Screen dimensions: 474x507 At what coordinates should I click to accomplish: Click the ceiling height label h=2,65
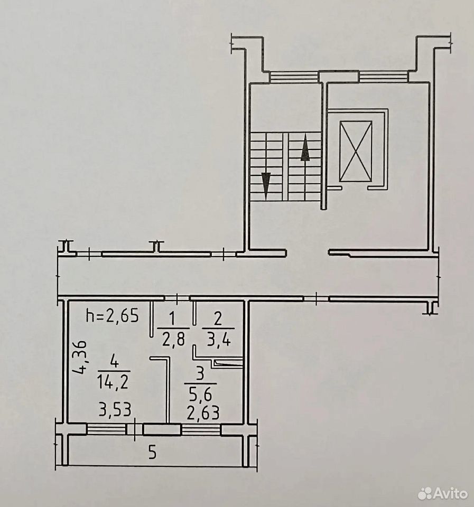(112, 316)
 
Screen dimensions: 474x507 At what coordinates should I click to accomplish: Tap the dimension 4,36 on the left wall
(80, 357)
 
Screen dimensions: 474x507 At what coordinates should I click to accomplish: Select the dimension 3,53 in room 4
(115, 410)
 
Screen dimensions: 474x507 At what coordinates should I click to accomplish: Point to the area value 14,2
(113, 382)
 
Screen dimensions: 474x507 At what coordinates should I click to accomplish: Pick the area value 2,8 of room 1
(173, 340)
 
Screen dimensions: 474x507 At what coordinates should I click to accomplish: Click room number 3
(200, 374)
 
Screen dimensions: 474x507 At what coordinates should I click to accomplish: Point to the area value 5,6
(200, 394)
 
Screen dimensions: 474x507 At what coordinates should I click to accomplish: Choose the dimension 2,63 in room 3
(203, 412)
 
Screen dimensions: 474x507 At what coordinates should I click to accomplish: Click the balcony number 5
(152, 452)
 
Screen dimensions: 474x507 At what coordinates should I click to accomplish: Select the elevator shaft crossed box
(356, 151)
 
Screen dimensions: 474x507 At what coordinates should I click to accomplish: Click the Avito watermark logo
(443, 493)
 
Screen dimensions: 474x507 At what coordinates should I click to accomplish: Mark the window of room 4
(106, 429)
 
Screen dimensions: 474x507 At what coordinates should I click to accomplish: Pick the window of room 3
(201, 429)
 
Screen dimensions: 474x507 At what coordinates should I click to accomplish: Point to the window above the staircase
(294, 77)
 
